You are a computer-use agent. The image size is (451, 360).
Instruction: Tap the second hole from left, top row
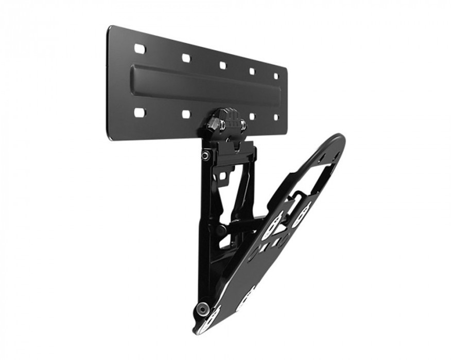186,58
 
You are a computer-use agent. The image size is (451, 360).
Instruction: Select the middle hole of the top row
222,65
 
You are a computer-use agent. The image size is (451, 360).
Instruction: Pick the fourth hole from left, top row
252,71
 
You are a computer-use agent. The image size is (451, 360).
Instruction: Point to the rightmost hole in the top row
276,76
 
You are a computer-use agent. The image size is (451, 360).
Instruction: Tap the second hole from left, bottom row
186,114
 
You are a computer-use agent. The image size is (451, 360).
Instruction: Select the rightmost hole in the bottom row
276,117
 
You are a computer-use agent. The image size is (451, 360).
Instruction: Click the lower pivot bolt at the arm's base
202,308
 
